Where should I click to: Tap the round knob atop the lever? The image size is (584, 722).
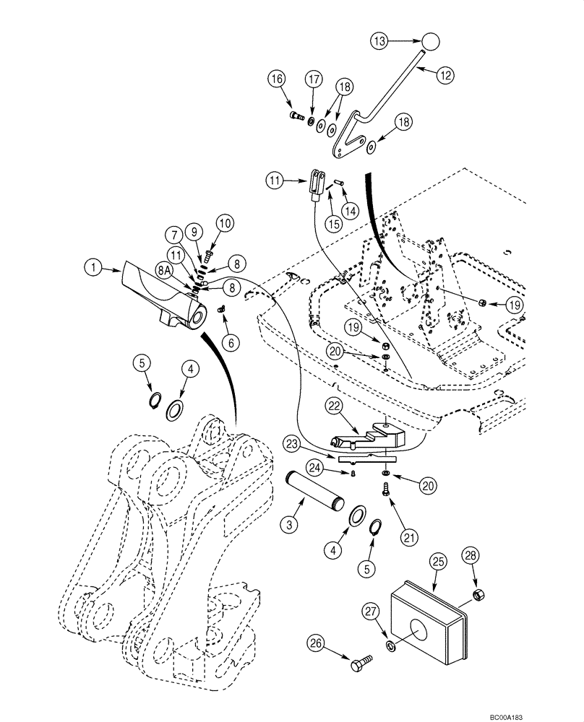click(x=431, y=41)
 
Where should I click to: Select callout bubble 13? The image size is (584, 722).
click(x=381, y=41)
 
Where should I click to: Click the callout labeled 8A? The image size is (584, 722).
click(x=166, y=270)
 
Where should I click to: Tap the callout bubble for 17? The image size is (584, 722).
click(x=312, y=79)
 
